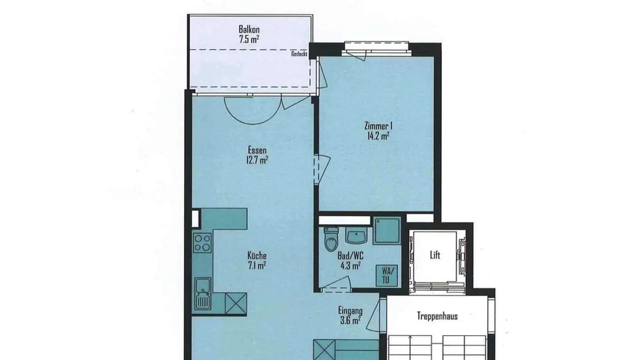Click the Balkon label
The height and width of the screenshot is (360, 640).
tap(249, 30)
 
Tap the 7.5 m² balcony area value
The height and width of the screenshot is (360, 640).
tap(249, 39)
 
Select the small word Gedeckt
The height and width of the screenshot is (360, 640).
tap(299, 54)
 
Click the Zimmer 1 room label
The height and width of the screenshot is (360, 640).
tap(379, 127)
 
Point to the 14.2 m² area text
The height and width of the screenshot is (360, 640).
tap(378, 136)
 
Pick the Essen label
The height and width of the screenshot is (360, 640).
tap(257, 151)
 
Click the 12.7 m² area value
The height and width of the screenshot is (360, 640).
tap(257, 160)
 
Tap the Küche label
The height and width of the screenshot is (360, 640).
tap(257, 256)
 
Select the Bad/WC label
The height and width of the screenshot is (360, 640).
tap(350, 257)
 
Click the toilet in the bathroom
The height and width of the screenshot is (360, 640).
tap(332, 240)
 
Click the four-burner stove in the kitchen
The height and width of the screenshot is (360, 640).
tap(202, 243)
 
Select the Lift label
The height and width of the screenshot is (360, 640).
tap(435, 255)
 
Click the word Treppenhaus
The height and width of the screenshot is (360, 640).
tap(437, 316)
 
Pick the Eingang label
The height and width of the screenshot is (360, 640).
tap(350, 311)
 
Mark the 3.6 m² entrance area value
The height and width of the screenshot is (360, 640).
tap(350, 320)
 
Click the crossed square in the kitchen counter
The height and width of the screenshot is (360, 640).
tap(236, 304)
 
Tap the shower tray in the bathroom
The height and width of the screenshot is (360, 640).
tap(386, 230)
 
